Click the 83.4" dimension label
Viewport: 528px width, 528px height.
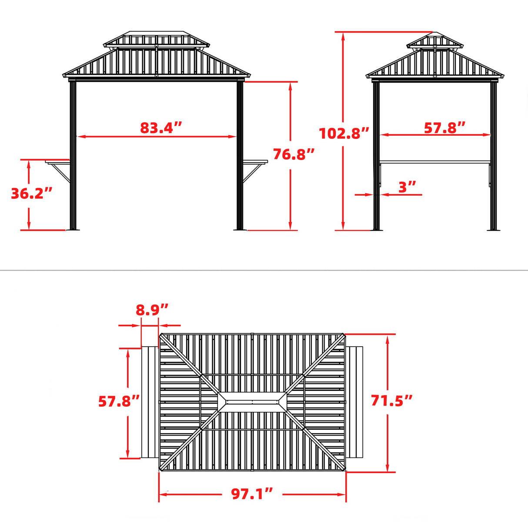coord(160,128)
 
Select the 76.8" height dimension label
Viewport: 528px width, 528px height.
coord(294,154)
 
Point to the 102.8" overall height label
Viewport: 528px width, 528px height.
coord(344,133)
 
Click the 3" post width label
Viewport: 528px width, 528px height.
coord(407,187)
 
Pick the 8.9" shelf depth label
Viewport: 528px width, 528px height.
coord(152,310)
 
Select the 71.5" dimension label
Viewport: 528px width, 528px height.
coord(391,400)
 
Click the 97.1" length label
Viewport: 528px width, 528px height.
coord(252,494)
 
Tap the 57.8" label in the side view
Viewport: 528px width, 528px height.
coord(444,127)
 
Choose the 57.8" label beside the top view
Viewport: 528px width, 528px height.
coord(119,401)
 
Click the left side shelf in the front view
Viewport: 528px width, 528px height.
coord(58,163)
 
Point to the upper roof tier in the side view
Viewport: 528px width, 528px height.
coord(434,40)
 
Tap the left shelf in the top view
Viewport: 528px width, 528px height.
coord(150,402)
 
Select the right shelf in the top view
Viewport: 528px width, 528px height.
coord(355,402)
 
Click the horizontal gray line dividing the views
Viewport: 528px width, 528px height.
coord(264,270)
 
